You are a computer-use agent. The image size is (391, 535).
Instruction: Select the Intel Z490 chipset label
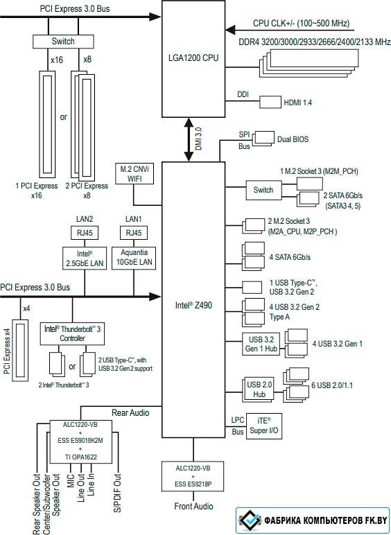(193, 306)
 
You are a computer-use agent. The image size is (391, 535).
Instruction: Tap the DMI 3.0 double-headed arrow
(189, 139)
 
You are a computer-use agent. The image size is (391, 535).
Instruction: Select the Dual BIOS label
(293, 139)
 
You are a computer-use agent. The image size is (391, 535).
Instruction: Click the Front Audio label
(193, 506)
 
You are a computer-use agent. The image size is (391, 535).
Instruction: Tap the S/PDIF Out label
(117, 492)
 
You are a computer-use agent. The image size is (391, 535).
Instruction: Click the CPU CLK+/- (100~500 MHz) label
(302, 24)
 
